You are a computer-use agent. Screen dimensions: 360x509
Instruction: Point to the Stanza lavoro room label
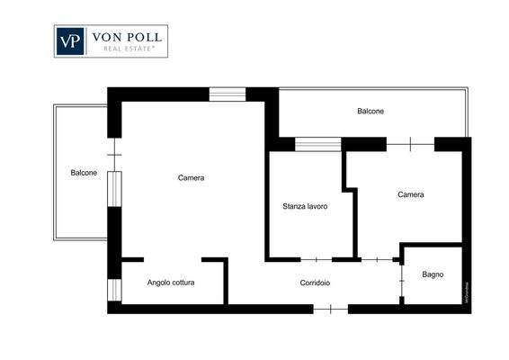click(x=304, y=206)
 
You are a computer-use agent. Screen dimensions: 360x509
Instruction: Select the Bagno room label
click(x=433, y=274)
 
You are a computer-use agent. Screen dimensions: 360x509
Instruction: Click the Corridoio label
click(x=315, y=283)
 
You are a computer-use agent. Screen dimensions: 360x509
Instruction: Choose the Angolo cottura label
click(x=171, y=283)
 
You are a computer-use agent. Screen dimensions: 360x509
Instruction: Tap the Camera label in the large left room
click(x=191, y=177)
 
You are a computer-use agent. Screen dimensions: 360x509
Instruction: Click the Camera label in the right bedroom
click(x=411, y=194)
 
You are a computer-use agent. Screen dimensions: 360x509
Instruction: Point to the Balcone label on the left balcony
click(x=84, y=173)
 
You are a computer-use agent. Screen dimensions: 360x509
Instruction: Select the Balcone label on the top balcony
click(x=371, y=112)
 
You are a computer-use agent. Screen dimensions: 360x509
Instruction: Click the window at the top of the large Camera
click(x=228, y=93)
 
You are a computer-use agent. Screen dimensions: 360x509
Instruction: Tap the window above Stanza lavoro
click(x=318, y=143)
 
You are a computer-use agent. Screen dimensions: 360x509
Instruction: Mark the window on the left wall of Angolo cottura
click(x=114, y=290)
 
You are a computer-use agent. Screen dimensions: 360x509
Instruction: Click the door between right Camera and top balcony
click(x=411, y=143)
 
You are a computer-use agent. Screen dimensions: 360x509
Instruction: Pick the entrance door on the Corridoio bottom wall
click(x=330, y=309)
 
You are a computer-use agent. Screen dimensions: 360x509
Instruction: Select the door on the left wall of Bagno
click(x=401, y=281)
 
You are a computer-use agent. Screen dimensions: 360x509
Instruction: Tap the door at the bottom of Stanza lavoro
click(x=316, y=259)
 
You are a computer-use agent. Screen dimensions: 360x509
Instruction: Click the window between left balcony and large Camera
click(x=114, y=191)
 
